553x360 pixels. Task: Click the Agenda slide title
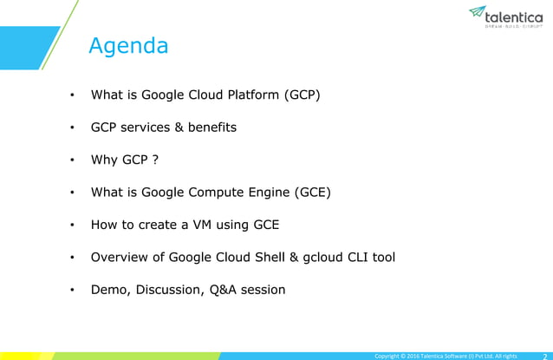pyautogui.click(x=129, y=45)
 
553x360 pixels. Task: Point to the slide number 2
pyautogui.click(x=543, y=355)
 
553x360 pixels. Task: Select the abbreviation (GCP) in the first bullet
pyautogui.click(x=303, y=95)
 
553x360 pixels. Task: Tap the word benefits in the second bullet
pyautogui.click(x=212, y=128)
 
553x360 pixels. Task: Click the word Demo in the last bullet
pyautogui.click(x=110, y=290)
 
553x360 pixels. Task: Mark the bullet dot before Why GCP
pyautogui.click(x=73, y=160)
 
